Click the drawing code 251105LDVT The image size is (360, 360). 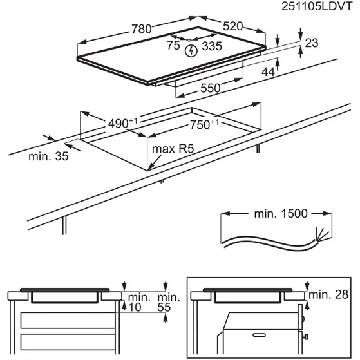coord(317,6)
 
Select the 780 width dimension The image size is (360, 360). coord(142,29)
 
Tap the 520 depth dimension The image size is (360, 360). coord(232,26)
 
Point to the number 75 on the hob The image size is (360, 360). coord(173,45)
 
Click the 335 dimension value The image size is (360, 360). coord(212,46)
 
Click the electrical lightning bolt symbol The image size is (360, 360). coord(191,51)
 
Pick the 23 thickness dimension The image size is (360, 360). coord(312,43)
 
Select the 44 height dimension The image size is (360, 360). coord(268,72)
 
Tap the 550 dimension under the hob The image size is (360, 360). coord(211,88)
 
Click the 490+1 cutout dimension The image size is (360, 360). coord(122,124)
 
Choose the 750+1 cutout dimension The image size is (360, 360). coord(204,125)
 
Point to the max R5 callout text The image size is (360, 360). coord(173,149)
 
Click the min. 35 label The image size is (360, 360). coord(48,156)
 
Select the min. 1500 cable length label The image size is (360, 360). coord(281,214)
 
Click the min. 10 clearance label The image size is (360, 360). coord(138,303)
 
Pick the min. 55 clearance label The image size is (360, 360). coord(168,303)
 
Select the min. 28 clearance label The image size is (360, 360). coord(328,294)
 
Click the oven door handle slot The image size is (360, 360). coord(259,335)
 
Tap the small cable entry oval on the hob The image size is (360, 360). coord(189,40)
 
